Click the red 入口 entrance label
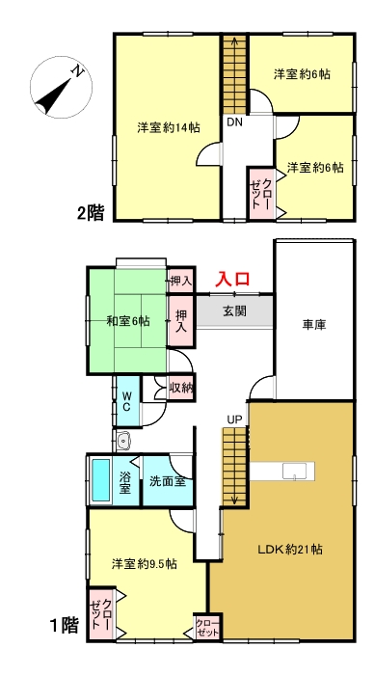pyautogui.click(x=232, y=279)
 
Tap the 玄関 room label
pyautogui.click(x=233, y=310)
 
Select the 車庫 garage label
pyautogui.click(x=312, y=325)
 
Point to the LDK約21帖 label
pyautogui.click(x=289, y=549)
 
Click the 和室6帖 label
pyautogui.click(x=127, y=320)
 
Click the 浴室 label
pyautogui.click(x=125, y=483)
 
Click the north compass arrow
pyautogui.click(x=59, y=88)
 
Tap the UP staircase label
pyautogui.click(x=234, y=418)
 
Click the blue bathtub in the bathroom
pyautogui.click(x=100, y=479)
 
